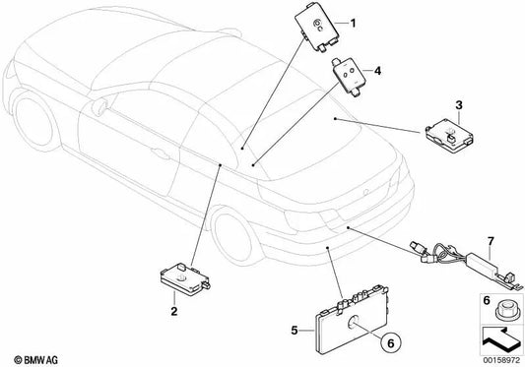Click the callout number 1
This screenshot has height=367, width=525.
(x=353, y=24)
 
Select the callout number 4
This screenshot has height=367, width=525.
(x=377, y=71)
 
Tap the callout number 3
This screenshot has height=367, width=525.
(x=459, y=105)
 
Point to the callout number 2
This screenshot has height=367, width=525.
(x=173, y=312)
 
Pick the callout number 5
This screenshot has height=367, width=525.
(x=295, y=331)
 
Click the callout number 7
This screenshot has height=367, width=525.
(x=491, y=241)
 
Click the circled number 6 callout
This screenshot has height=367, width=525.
(x=391, y=342)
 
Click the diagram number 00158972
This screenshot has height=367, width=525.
(x=501, y=360)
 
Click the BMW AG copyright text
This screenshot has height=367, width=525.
(x=35, y=360)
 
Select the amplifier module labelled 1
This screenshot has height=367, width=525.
(x=315, y=30)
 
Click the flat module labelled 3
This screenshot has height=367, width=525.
(x=449, y=135)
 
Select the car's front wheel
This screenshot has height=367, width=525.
(x=34, y=119)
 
